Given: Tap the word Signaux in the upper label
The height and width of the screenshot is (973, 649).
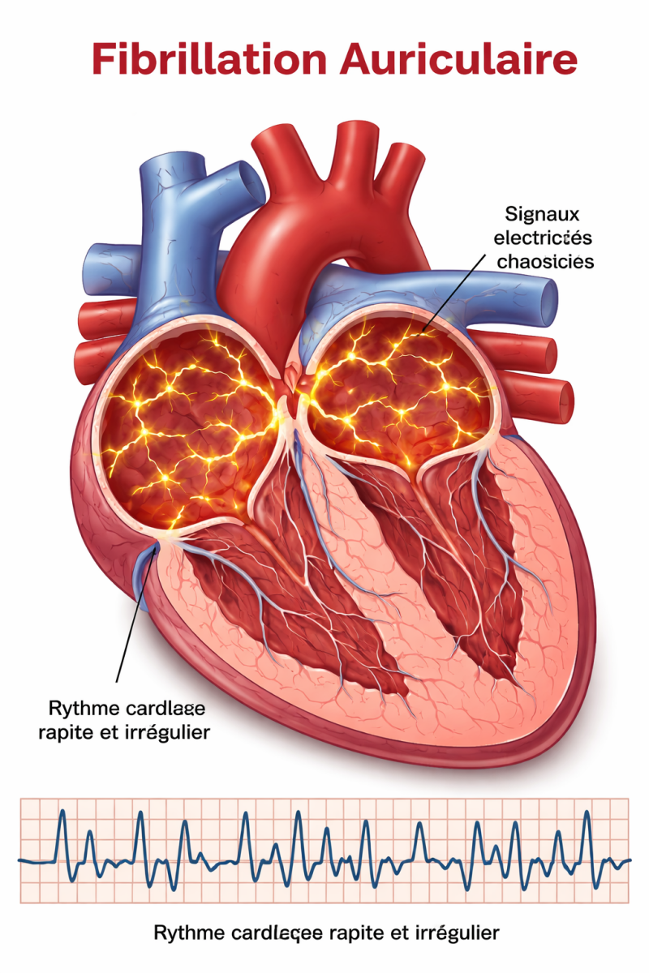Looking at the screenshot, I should point(535,214).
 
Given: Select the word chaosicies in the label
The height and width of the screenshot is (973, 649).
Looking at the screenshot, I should point(545,261).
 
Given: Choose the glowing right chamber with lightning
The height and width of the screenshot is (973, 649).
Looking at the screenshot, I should point(398,389).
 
